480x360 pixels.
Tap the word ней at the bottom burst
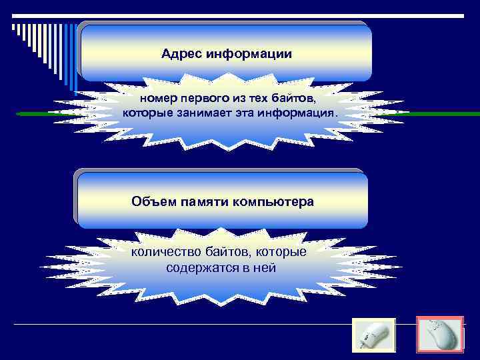265,268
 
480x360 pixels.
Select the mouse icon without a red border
373,336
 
